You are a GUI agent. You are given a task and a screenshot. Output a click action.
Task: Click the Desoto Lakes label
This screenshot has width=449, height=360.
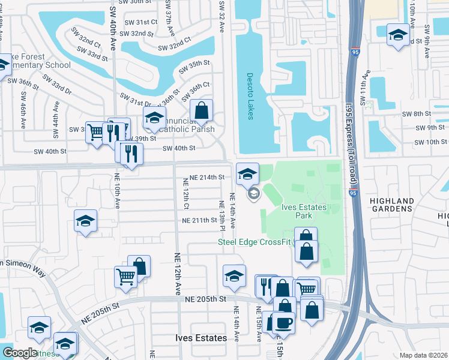click(x=250, y=95)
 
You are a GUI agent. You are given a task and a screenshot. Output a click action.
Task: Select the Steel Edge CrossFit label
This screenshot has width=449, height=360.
click(x=254, y=242)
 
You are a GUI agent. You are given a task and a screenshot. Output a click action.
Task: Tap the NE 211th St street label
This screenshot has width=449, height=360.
click(x=199, y=220)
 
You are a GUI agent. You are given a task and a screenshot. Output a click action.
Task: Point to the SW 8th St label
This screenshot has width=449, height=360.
click(x=418, y=114)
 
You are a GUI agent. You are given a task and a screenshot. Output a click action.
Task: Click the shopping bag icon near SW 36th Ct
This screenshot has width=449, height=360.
click(x=202, y=110)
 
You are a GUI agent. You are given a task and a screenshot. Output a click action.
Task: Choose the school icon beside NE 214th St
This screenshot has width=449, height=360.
click(x=247, y=173)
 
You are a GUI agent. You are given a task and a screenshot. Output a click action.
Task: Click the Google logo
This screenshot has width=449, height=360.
click(x=20, y=352)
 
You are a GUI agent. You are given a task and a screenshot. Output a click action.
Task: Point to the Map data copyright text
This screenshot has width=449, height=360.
click(x=423, y=355)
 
